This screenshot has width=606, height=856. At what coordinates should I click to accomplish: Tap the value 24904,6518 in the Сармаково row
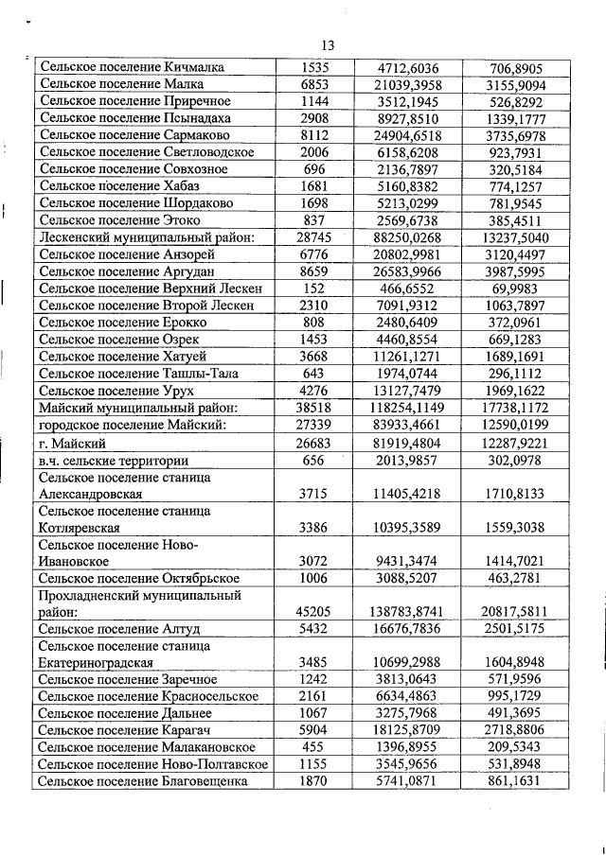[x=407, y=135]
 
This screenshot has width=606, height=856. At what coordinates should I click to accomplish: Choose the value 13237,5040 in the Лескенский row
[x=517, y=237]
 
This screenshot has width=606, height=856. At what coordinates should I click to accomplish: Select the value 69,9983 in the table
[x=517, y=288]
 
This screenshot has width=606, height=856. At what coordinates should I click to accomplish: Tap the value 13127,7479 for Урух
[x=407, y=391]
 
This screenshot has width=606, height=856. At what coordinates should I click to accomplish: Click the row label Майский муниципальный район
[x=137, y=408]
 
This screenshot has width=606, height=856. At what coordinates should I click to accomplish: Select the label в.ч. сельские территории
[x=114, y=460]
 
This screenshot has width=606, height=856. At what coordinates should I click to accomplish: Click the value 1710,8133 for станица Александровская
[x=517, y=494]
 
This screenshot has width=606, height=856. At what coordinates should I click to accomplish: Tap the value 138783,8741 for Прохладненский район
[x=407, y=612]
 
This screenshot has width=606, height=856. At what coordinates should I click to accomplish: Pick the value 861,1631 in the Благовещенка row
[x=517, y=781]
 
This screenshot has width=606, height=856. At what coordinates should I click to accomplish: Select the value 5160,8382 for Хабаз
[x=407, y=186]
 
